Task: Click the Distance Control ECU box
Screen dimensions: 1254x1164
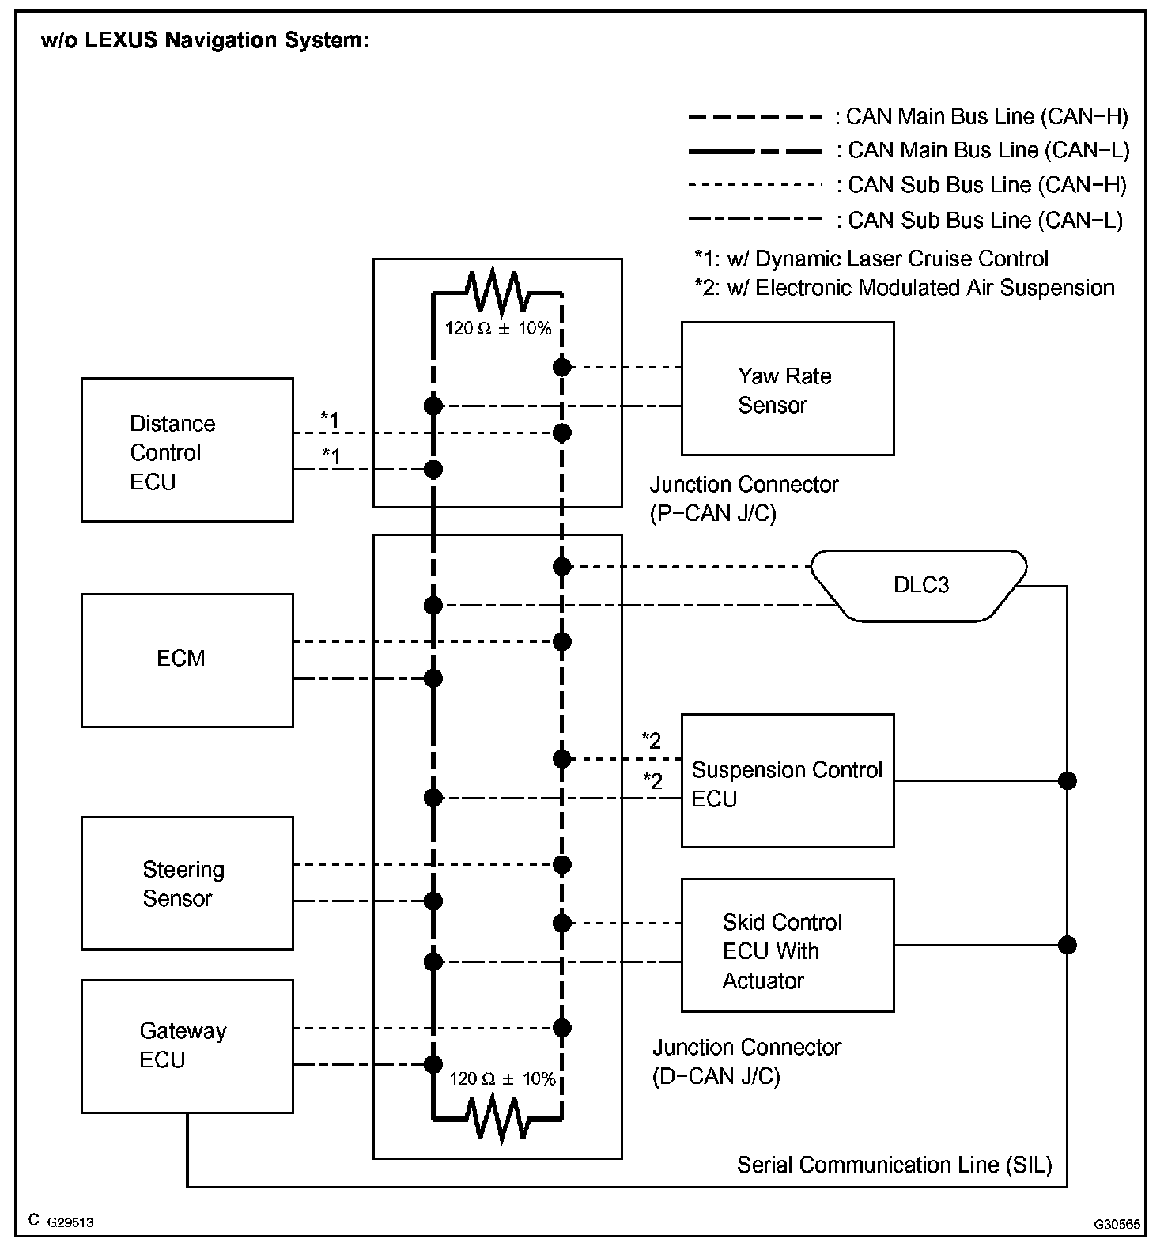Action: pos(187,450)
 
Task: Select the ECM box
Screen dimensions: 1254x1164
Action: pos(187,660)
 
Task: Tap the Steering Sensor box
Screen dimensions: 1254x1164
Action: pos(187,883)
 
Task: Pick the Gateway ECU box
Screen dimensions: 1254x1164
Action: pos(187,1046)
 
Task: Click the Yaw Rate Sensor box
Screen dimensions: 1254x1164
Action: pos(788,388)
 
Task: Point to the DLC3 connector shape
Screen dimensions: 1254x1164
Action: pos(920,585)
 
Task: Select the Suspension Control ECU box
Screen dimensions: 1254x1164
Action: pos(788,781)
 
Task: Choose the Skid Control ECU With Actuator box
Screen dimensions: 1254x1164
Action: pos(788,945)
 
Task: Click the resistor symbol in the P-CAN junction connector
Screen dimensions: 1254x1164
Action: pos(497,291)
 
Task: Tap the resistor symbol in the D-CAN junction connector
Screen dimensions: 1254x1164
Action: pos(497,1120)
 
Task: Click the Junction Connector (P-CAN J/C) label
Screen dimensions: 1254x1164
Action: pos(743,499)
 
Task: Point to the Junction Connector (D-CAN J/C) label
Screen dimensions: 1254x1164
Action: pos(746,1062)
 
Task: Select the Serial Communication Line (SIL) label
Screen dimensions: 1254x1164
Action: pos(894,1165)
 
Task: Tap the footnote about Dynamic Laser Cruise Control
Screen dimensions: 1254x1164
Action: pos(871,259)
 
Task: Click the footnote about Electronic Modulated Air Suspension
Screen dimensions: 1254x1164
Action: pos(904,288)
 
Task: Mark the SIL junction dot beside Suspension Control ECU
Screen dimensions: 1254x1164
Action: pos(1068,781)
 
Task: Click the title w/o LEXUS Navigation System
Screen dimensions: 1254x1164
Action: pos(205,40)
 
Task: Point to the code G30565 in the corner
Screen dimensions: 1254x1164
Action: pos(1117,1224)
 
